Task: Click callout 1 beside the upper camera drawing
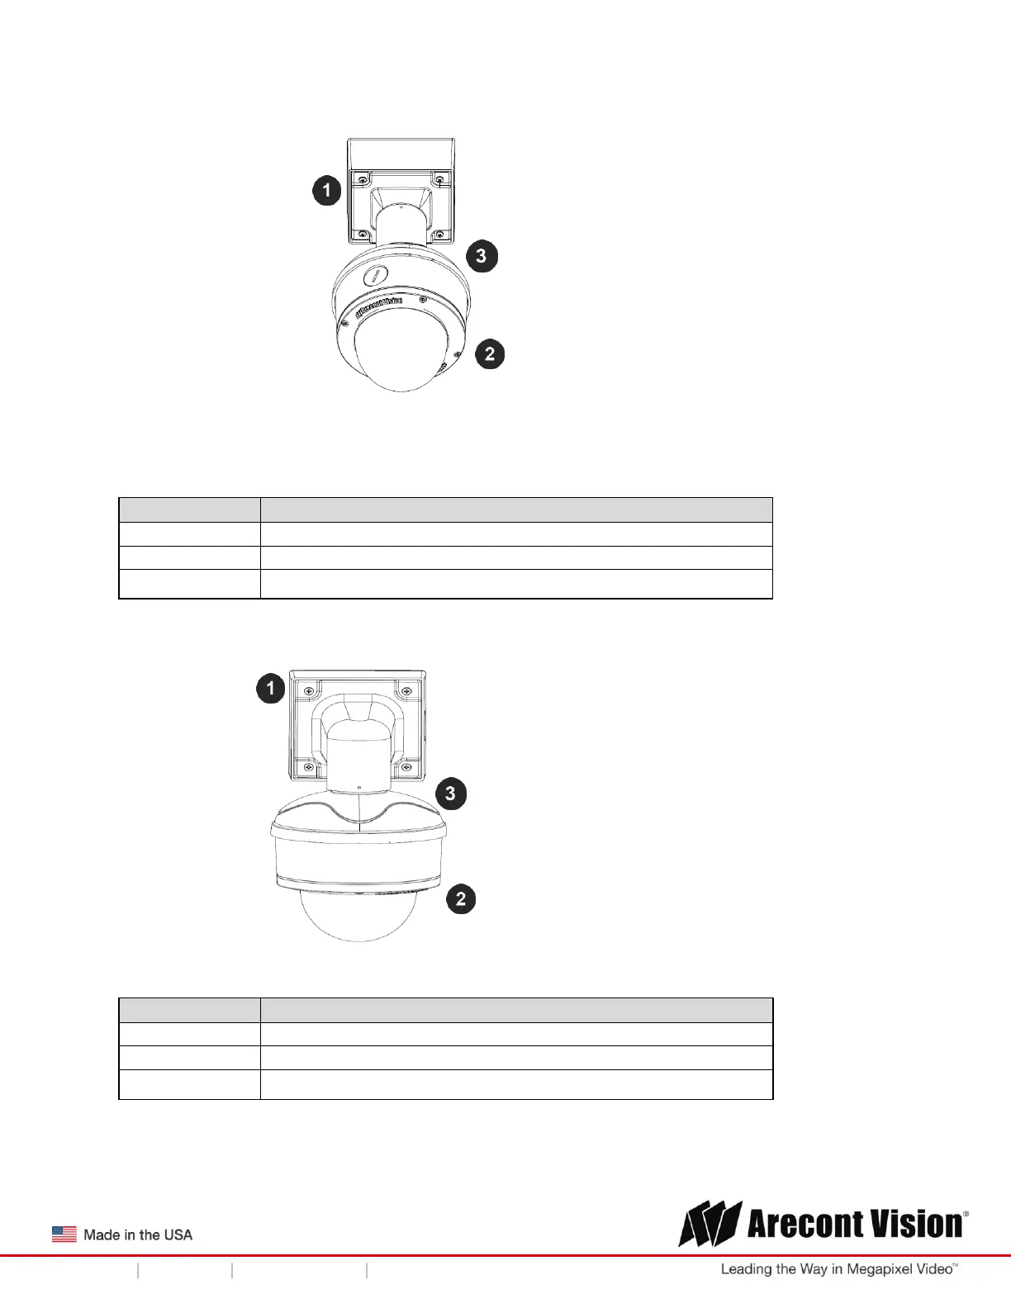pos(327,190)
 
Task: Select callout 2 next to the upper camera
pos(490,353)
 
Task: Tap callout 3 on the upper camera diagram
pos(481,256)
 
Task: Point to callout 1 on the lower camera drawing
pos(271,688)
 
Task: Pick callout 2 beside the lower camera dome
pos(461,898)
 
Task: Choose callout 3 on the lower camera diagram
pos(450,794)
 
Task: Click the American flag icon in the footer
pos(64,1235)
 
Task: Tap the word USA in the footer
pos(178,1235)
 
